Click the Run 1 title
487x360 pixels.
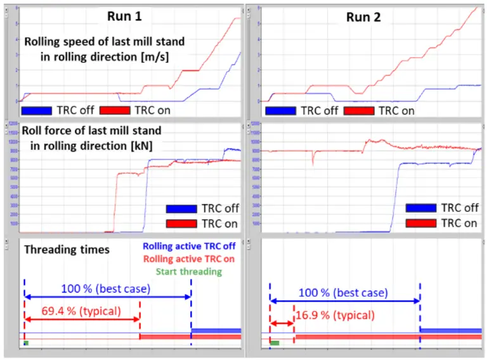coord(124,16)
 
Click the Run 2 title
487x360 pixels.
coord(363,16)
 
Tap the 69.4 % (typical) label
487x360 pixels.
coord(79,311)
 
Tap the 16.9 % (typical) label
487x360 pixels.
coord(335,315)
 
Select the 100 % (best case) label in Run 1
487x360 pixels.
coord(106,289)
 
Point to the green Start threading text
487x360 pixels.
coord(189,271)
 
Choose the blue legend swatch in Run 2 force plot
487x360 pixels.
coord(420,208)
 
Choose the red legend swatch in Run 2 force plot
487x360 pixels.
coord(420,222)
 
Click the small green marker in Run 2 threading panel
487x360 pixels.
coord(275,343)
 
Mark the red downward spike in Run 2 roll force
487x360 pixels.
coord(312,158)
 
